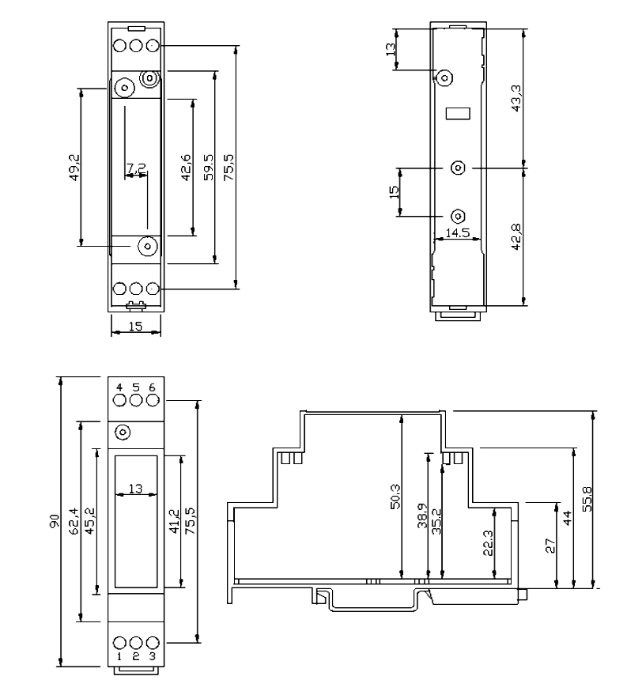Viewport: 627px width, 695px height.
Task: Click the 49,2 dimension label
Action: [x=74, y=167]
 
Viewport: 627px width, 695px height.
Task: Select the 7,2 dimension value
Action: [x=136, y=168]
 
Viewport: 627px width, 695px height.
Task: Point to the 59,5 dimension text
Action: [x=207, y=168]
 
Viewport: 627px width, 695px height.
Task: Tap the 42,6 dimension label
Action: [x=186, y=168]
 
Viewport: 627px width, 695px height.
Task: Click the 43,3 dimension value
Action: [x=516, y=99]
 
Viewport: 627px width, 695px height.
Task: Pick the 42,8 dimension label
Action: [x=516, y=236]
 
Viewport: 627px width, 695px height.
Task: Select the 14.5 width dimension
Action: [x=458, y=234]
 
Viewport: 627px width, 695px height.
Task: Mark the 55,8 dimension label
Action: [x=586, y=500]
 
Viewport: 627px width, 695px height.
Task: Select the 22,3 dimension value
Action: [x=485, y=547]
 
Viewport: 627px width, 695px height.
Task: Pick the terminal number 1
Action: [x=119, y=657]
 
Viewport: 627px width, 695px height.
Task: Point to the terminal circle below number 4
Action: [x=119, y=400]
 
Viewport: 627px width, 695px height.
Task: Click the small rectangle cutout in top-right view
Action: [x=458, y=114]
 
